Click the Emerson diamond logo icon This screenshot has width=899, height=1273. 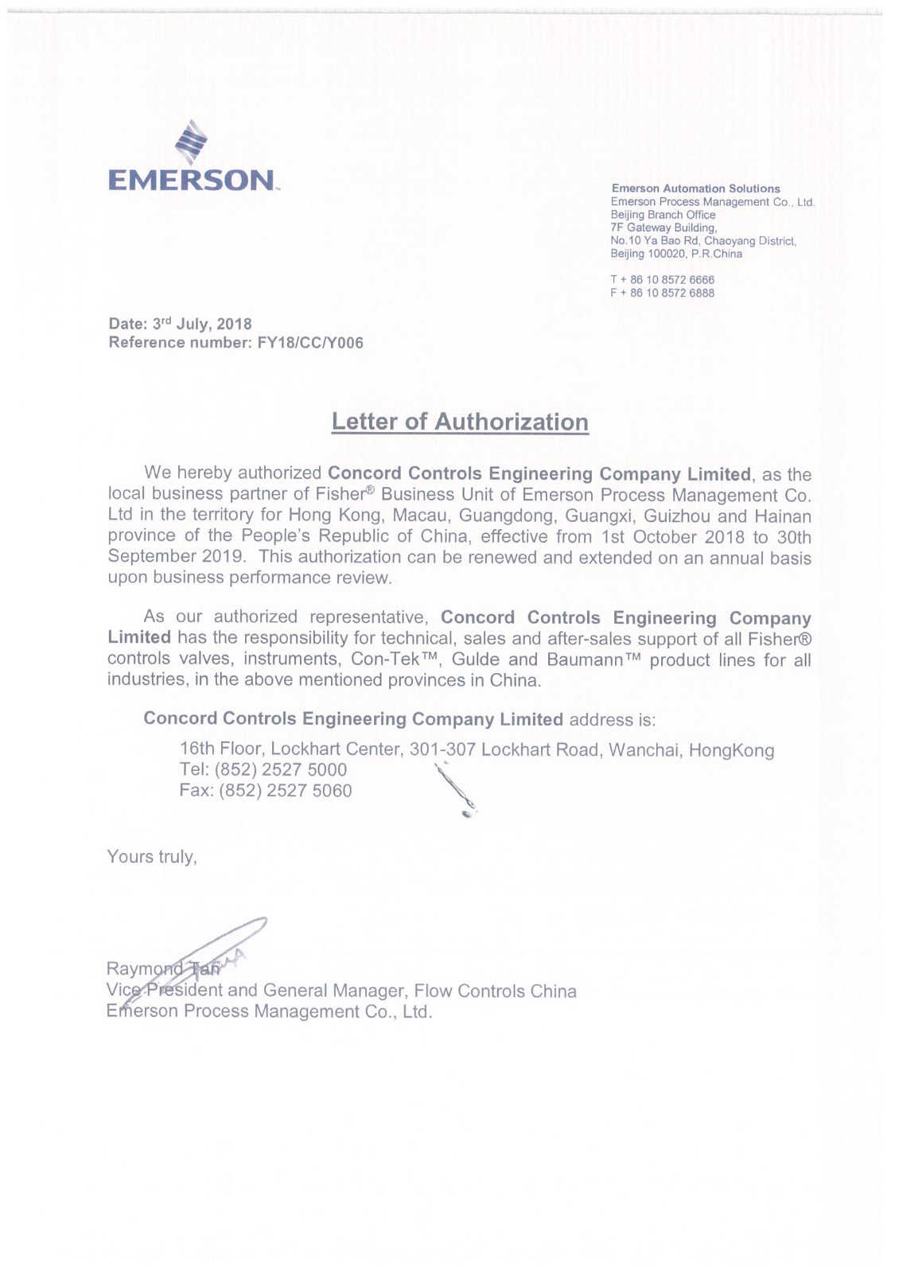click(x=191, y=142)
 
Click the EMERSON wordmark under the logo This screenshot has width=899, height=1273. click(x=192, y=181)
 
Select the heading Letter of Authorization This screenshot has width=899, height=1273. click(x=460, y=422)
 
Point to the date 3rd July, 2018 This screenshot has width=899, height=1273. click(x=202, y=324)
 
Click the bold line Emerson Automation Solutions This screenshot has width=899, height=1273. click(x=695, y=189)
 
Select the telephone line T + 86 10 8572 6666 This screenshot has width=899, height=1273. click(x=662, y=280)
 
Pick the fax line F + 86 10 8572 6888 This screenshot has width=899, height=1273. click(x=662, y=293)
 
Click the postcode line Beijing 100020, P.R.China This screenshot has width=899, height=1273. click(x=676, y=254)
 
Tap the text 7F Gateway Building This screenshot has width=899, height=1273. click(x=664, y=228)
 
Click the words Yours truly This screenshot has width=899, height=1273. click(x=151, y=857)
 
